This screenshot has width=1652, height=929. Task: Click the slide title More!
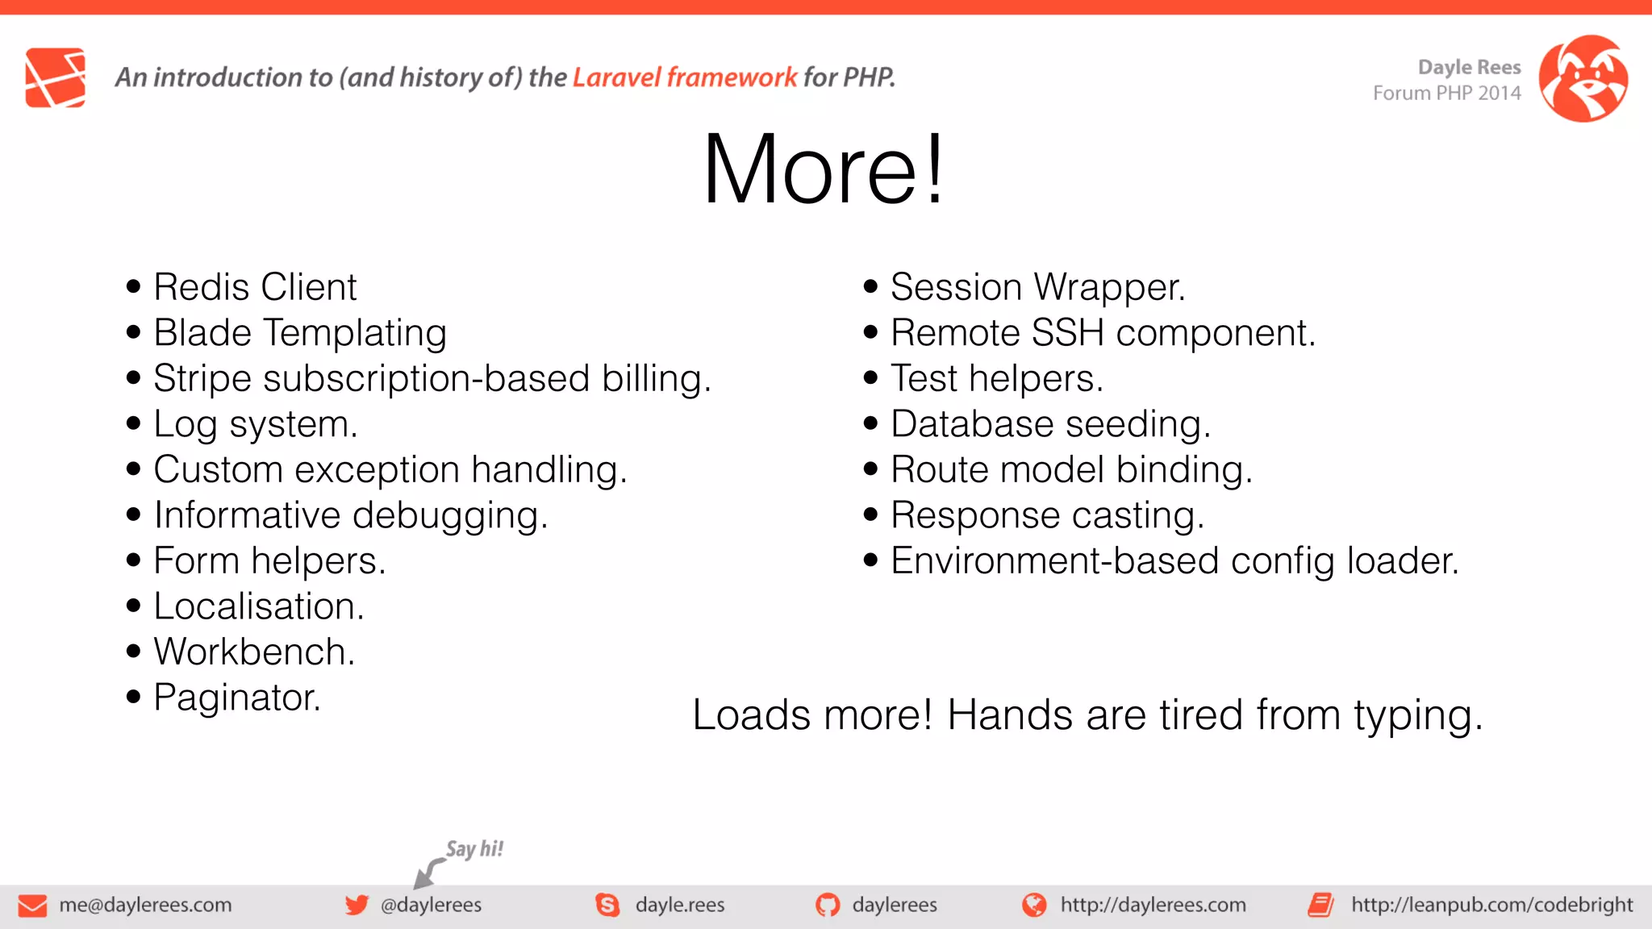(823, 169)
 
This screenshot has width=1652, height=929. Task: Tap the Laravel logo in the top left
(55, 77)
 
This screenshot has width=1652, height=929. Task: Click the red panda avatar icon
(1583, 78)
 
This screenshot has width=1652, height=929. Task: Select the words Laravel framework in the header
(684, 77)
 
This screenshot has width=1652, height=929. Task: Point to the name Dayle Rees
(1469, 67)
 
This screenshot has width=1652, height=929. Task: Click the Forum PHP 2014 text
(1446, 94)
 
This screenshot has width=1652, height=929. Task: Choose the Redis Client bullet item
(255, 287)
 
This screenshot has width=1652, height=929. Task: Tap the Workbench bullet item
(254, 652)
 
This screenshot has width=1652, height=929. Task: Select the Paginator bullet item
(237, 698)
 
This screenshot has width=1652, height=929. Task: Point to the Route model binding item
(1071, 470)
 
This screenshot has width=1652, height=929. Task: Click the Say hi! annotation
(474, 849)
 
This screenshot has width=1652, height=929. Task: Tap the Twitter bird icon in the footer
(357, 905)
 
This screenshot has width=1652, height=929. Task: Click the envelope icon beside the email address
(32, 906)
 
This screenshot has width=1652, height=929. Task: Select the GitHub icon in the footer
(827, 905)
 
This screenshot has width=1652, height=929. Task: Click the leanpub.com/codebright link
(1491, 905)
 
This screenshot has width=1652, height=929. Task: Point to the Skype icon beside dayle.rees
(607, 905)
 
